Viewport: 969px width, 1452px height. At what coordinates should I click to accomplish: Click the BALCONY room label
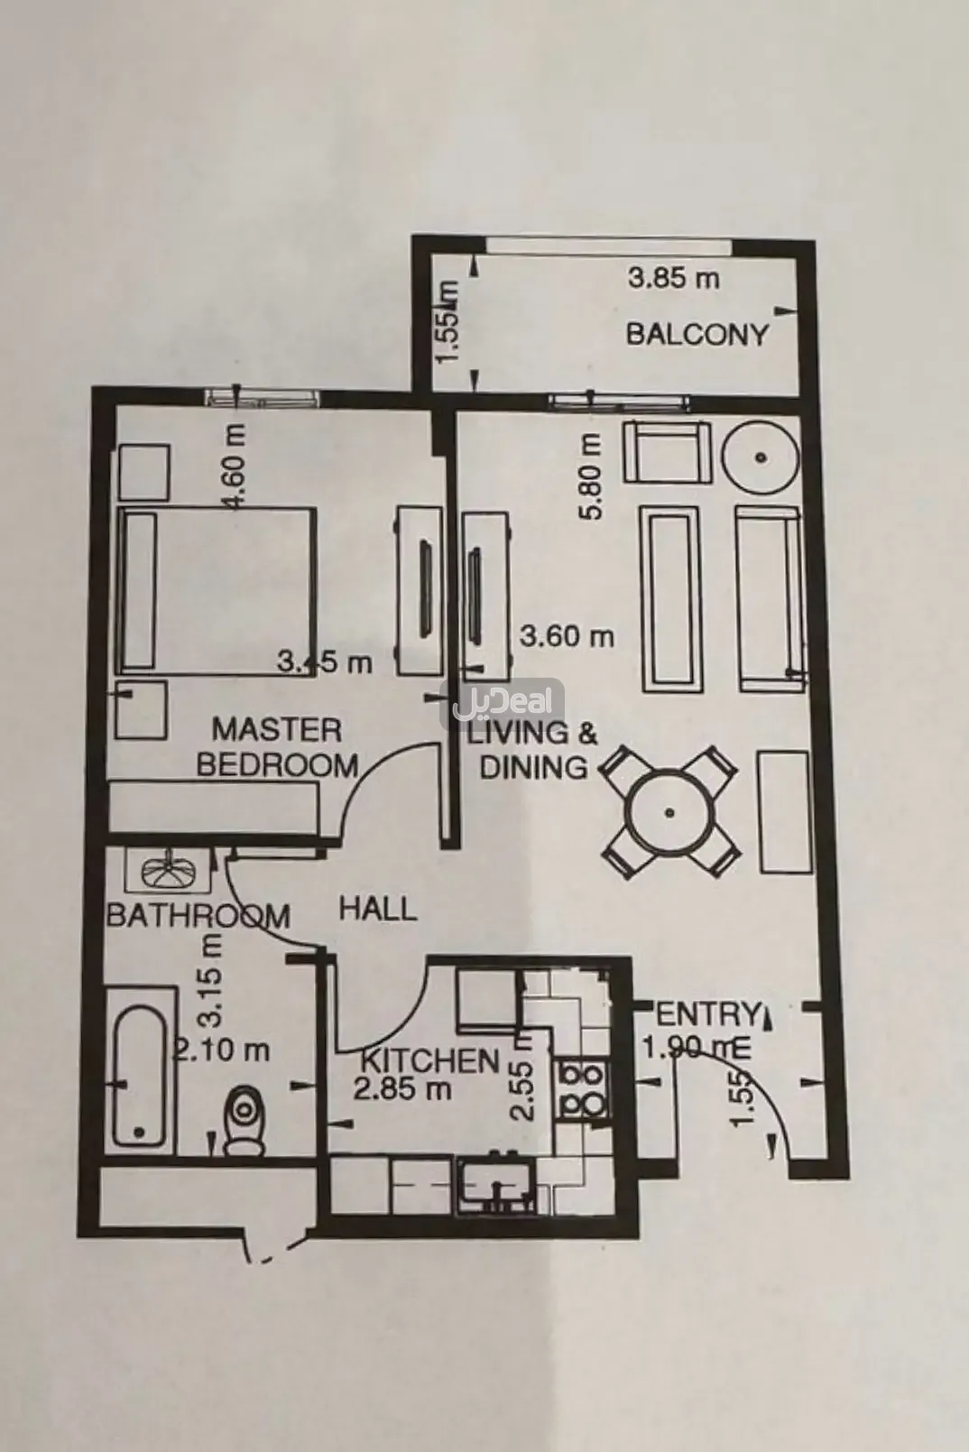point(697,335)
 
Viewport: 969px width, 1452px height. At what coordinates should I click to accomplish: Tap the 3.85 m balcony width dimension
point(674,278)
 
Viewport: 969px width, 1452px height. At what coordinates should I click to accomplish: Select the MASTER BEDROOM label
point(276,746)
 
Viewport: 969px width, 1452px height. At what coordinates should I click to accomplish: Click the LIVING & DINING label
point(531,749)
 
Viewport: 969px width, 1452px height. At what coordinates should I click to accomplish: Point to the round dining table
point(669,811)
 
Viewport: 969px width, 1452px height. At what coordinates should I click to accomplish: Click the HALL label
point(378,908)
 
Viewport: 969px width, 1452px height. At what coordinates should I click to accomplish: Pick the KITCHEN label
point(429,1059)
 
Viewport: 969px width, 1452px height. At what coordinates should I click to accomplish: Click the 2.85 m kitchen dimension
point(401,1089)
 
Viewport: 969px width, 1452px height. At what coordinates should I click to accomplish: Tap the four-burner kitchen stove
point(582,1089)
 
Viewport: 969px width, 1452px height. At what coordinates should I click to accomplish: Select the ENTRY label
point(705,1013)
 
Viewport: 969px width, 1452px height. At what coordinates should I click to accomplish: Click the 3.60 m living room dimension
point(567,636)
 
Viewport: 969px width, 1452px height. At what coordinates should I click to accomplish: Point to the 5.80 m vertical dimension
point(591,476)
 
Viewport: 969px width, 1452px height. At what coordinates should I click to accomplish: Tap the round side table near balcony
point(762,458)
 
